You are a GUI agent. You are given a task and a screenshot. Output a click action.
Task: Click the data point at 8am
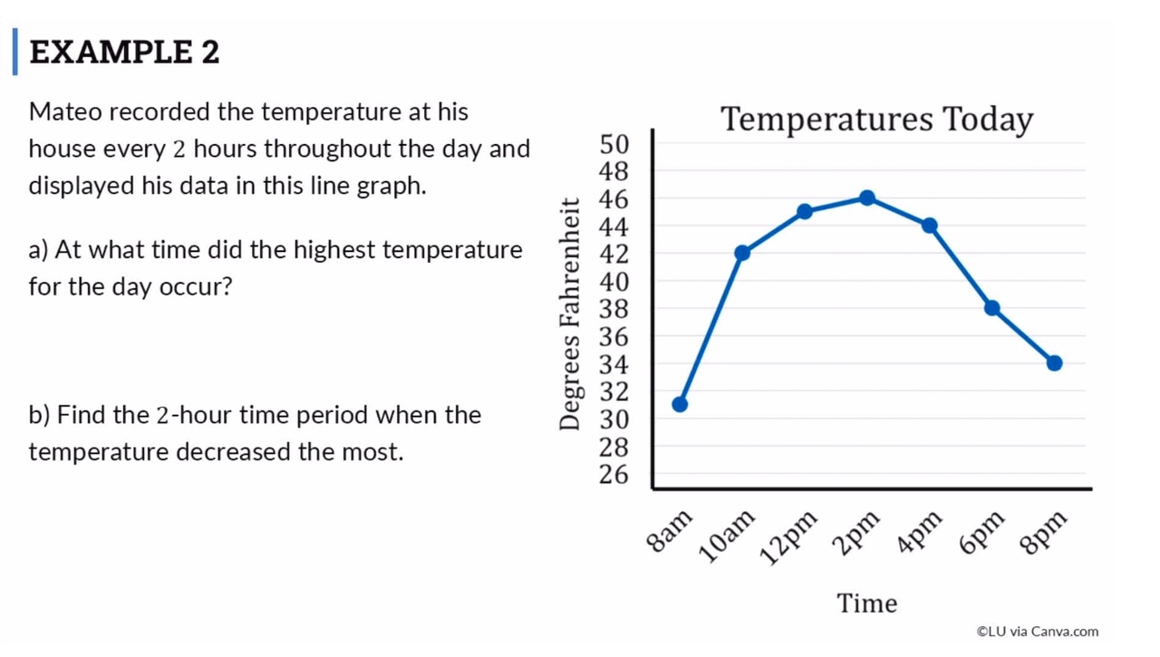point(680,404)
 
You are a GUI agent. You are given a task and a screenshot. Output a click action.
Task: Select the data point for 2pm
point(867,198)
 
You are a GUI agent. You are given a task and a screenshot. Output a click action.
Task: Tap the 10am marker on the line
point(742,253)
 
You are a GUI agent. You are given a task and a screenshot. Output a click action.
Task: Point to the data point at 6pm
point(992,308)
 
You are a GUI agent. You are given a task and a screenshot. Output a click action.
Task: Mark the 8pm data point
point(1054,363)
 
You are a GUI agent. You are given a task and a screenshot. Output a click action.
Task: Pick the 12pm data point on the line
point(805,211)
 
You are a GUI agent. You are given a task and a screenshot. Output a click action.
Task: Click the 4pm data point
point(930,226)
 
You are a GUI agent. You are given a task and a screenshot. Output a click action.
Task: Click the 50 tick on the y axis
point(614,143)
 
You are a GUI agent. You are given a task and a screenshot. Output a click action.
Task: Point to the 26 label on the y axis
point(614,475)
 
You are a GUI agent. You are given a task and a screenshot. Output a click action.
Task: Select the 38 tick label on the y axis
point(614,309)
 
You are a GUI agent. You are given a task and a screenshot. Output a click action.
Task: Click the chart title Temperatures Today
point(876,120)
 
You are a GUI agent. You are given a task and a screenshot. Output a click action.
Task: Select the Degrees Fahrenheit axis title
point(569,314)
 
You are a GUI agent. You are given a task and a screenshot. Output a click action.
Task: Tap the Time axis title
point(866,604)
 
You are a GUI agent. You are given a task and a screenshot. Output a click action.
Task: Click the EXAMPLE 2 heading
point(124,53)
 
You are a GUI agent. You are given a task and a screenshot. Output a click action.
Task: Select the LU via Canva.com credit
point(1037,632)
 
